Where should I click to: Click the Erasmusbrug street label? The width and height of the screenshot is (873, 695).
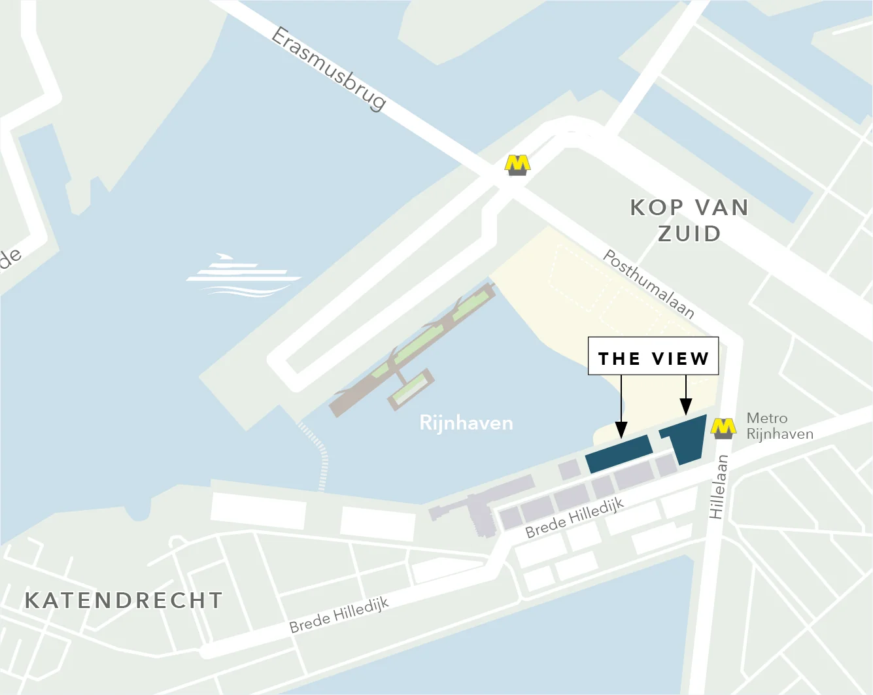tap(329, 68)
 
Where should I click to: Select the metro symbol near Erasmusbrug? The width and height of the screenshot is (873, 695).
tap(517, 165)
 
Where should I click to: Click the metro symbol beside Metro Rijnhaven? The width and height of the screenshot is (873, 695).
tap(723, 429)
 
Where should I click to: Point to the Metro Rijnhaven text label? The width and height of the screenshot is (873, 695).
tap(779, 426)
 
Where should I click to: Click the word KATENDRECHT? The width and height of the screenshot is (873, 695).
tap(124, 600)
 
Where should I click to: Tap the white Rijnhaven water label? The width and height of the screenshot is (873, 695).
tap(466, 423)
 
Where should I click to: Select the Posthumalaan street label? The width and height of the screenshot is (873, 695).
tap(648, 284)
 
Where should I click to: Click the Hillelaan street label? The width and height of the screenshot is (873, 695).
tap(719, 486)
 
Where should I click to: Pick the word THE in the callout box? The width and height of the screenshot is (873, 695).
tap(619, 358)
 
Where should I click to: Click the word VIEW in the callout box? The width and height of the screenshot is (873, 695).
tap(680, 358)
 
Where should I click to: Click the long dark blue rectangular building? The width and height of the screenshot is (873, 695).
tap(619, 453)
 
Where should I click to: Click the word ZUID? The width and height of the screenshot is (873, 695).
tap(689, 233)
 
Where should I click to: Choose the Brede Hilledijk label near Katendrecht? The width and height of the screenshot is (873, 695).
tap(339, 615)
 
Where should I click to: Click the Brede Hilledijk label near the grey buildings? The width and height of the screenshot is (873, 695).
tap(575, 517)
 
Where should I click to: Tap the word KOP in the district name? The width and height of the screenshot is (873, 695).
tap(657, 207)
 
